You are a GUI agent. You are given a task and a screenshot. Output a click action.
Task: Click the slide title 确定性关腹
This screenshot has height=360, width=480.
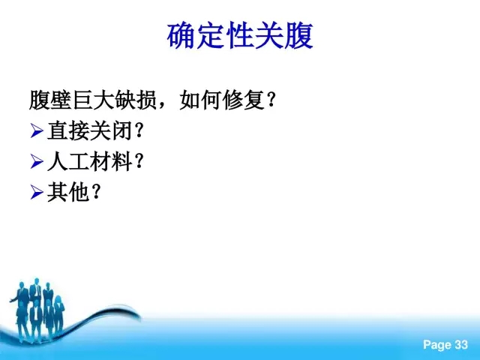pyautogui.click(x=240, y=35)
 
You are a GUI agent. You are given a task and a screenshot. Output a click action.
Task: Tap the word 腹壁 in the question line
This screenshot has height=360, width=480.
pyautogui.click(x=50, y=100)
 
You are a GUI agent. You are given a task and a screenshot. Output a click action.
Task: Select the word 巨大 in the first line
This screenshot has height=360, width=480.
pyautogui.click(x=93, y=100)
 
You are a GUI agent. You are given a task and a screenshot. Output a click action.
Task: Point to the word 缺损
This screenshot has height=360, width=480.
pyautogui.click(x=136, y=100)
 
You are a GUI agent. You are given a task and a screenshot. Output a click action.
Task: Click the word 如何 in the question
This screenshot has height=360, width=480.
pyautogui.click(x=200, y=100)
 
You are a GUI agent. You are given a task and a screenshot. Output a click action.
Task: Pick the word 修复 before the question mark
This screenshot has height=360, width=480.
pyautogui.click(x=244, y=100)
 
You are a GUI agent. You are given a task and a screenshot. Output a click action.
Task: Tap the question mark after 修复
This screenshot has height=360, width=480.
pyautogui.click(x=271, y=100)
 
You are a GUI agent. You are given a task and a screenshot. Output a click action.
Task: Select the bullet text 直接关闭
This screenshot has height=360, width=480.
pyautogui.click(x=89, y=130)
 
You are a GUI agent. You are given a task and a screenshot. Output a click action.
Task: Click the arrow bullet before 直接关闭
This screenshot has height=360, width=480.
pyautogui.click(x=37, y=131)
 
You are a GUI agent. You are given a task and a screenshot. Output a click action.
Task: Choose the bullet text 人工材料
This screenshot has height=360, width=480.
pyautogui.click(x=89, y=161)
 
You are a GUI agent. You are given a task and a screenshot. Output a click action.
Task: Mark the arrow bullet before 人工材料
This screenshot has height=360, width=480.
pyautogui.click(x=37, y=162)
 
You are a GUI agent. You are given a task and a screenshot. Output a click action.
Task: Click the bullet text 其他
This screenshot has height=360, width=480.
pyautogui.click(x=68, y=192)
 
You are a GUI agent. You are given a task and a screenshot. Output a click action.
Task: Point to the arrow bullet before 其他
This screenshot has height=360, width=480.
pyautogui.click(x=37, y=192)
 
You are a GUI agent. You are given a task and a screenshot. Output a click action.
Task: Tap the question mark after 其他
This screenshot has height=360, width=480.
pyautogui.click(x=96, y=192)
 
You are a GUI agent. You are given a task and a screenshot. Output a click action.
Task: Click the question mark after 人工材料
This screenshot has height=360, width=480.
pyautogui.click(x=139, y=161)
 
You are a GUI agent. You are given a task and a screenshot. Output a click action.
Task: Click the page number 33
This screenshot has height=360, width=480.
pyautogui.click(x=461, y=345)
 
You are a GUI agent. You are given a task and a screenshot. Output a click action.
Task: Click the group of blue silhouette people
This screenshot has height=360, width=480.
pyautogui.click(x=37, y=309)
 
